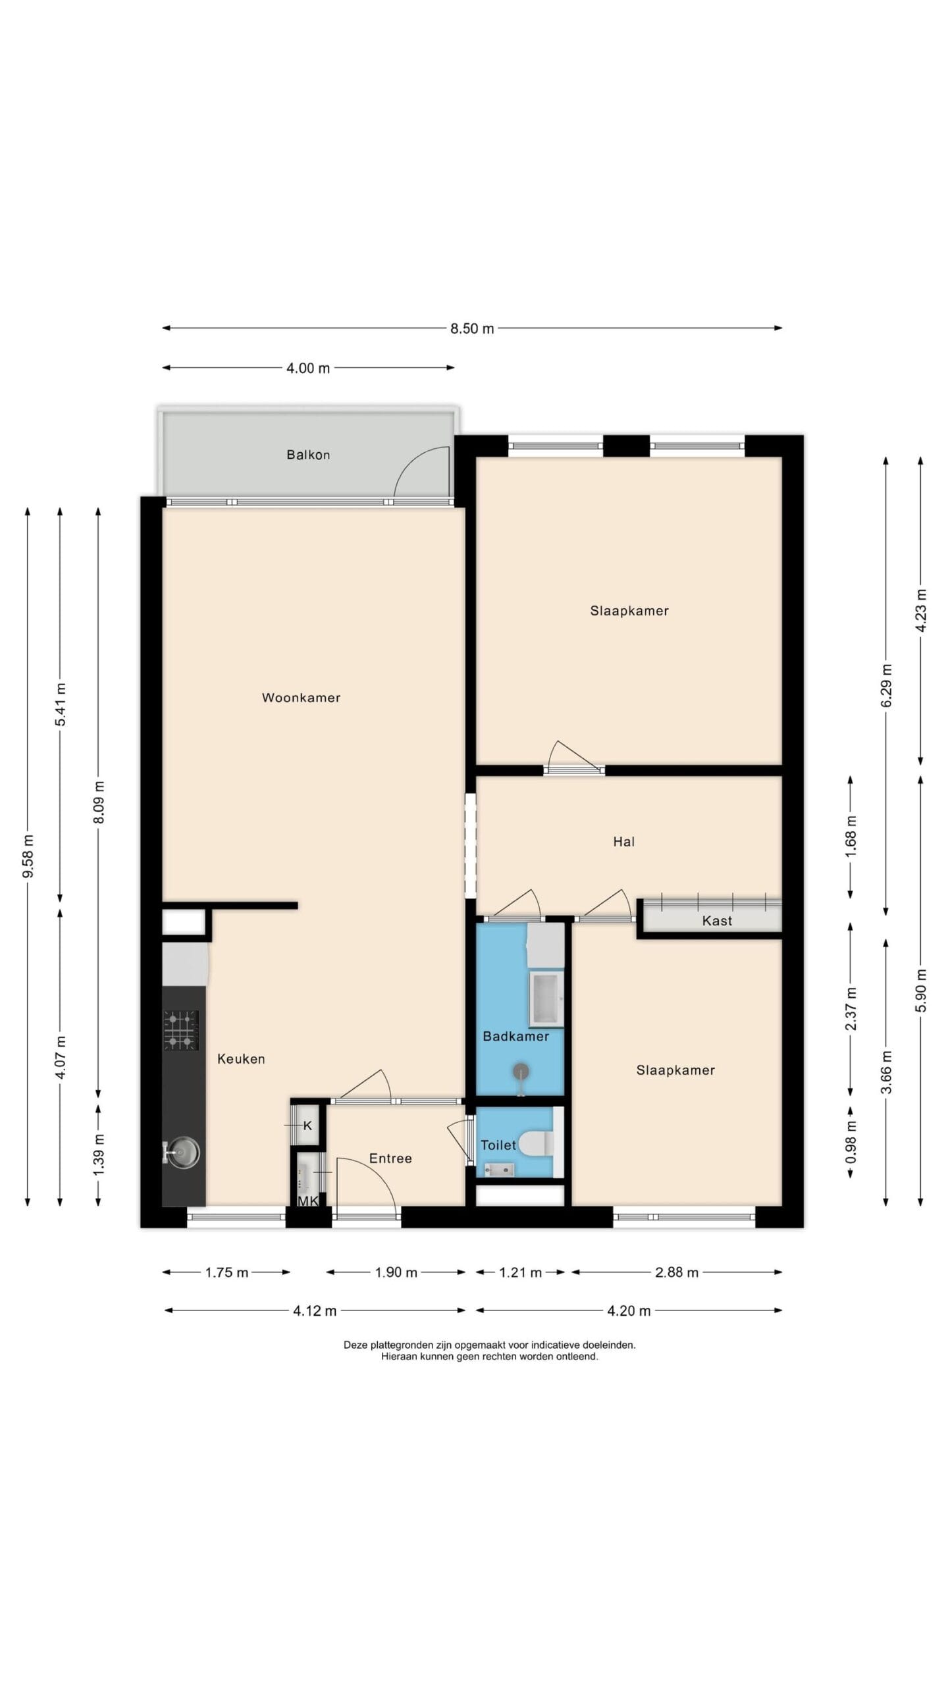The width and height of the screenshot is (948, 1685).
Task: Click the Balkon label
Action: pos(308,455)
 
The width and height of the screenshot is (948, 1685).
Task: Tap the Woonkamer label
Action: pos(301,698)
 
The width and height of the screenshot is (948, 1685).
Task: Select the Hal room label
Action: pos(623,841)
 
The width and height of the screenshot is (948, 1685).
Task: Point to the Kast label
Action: pos(717,921)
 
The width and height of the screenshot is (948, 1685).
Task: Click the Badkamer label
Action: pos(515,1037)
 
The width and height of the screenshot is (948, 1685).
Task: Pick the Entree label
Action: pos(390,1158)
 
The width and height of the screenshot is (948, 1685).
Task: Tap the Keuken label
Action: pos(241,1059)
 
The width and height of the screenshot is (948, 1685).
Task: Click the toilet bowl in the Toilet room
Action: pos(537,1143)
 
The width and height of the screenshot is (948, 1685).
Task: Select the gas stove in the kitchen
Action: pos(181,1030)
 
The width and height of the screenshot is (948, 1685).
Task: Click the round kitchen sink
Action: pos(184,1153)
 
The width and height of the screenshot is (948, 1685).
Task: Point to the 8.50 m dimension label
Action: pos(472,328)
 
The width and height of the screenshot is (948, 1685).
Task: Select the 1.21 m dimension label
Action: pos(520,1272)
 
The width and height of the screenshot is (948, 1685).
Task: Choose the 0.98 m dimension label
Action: pos(851,1141)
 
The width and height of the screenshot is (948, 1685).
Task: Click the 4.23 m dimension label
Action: pos(921,611)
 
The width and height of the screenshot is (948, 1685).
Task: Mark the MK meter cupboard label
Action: pos(308,1201)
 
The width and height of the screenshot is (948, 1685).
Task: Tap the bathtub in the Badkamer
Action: pos(546,998)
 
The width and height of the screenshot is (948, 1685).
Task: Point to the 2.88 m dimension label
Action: pos(677,1272)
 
